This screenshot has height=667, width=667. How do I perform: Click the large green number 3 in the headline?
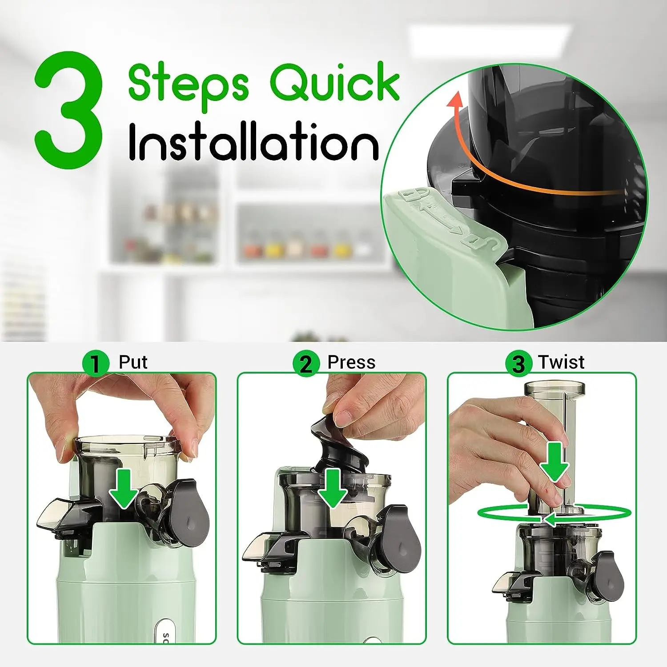[x=69, y=110]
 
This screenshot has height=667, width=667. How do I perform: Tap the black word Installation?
[x=253, y=141]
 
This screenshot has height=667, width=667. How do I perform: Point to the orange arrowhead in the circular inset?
[x=454, y=100]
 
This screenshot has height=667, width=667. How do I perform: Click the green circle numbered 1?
[x=96, y=363]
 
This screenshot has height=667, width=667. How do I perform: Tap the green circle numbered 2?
[x=306, y=363]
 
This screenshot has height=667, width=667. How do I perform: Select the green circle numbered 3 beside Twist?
[x=518, y=363]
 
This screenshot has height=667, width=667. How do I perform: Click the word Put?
[x=133, y=362]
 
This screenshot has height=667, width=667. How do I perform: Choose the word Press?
[x=351, y=362]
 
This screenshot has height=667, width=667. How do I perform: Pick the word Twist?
[x=561, y=362]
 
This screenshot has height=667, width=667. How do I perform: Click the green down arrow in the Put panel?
[x=124, y=488]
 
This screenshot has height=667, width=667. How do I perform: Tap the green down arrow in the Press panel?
[x=333, y=488]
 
